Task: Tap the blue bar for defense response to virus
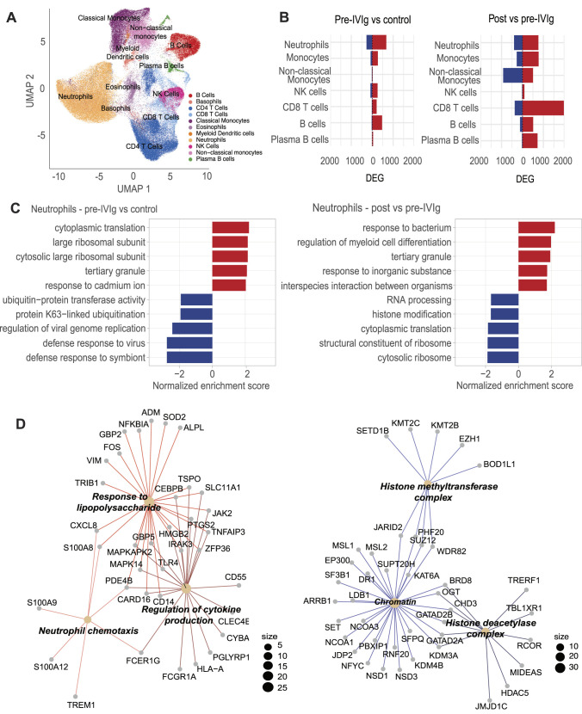tap(189, 342)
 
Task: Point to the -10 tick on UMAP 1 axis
tap(57, 175)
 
